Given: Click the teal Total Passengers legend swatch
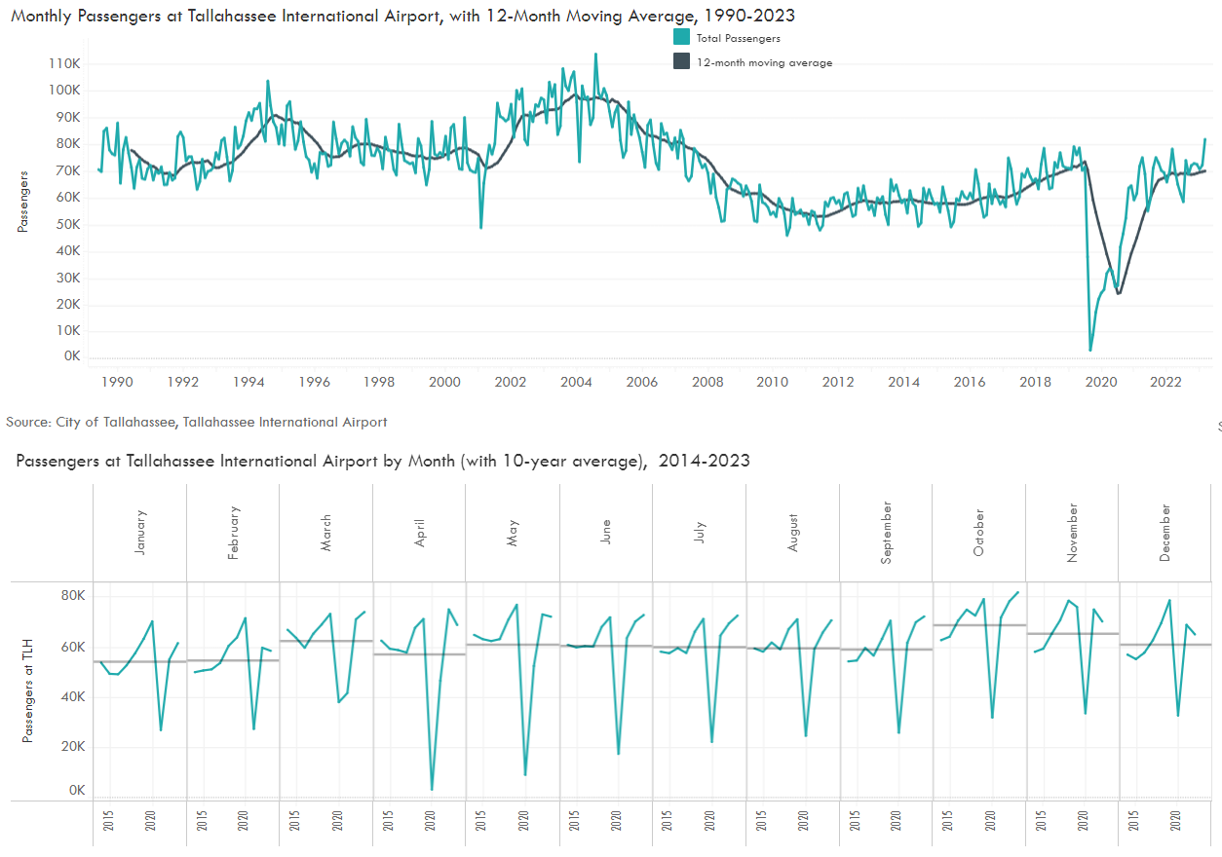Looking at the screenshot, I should coord(681,38).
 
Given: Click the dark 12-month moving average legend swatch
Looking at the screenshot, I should coord(681,62).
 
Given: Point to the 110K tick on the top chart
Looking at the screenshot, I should coord(63,63).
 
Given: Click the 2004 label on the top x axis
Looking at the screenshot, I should coord(576,382).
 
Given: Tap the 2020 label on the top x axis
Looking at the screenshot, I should coord(1100,382).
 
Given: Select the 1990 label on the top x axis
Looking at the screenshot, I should coord(117,382).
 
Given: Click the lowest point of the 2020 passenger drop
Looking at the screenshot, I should coord(1090,350).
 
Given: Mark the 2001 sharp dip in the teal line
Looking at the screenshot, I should coord(480,228).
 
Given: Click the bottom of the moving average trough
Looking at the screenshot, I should coord(1119,293).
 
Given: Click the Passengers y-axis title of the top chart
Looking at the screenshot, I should coord(22,202).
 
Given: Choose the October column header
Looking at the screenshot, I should coord(978,532).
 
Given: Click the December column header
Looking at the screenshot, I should coord(1165,532).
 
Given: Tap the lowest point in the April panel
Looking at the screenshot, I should coord(432,789).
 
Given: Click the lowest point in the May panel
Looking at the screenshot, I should coord(525,775).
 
